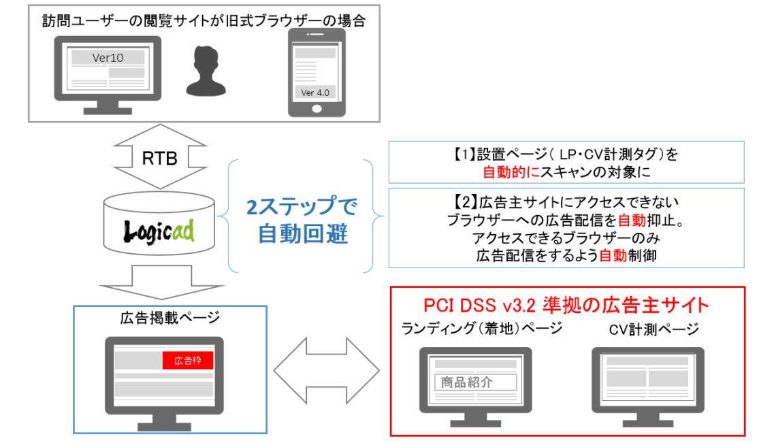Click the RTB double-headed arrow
[x=160, y=159]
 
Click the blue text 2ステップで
[x=302, y=207]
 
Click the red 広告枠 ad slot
[x=188, y=361]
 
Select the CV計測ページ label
[x=653, y=330]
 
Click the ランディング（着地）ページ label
[x=482, y=329]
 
